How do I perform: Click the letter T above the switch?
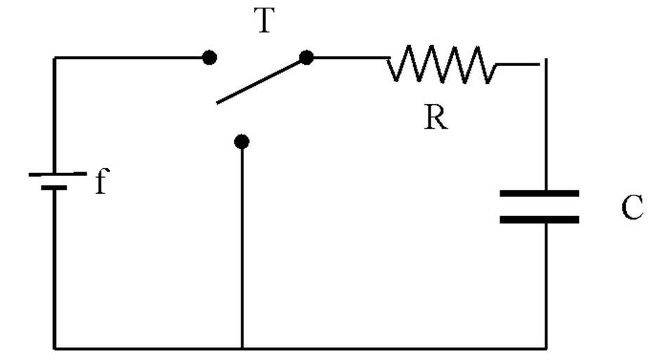[263, 22]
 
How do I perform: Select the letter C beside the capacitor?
[632, 208]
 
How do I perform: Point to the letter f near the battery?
[101, 183]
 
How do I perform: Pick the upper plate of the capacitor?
[539, 193]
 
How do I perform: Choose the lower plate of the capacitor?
[539, 219]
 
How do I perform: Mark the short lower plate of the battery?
[54, 188]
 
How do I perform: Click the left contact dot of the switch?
[209, 58]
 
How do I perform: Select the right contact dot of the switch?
[306, 58]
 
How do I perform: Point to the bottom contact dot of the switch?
[242, 142]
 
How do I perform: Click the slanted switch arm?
[260, 81]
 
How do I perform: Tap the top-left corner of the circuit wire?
[55, 58]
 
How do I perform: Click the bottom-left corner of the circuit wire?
[55, 347]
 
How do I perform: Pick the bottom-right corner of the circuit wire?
[546, 347]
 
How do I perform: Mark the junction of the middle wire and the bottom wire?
[242, 347]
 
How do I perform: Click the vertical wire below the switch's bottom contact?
[242, 246]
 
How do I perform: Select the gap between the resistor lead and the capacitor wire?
[542, 64]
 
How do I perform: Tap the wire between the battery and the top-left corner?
[55, 112]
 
